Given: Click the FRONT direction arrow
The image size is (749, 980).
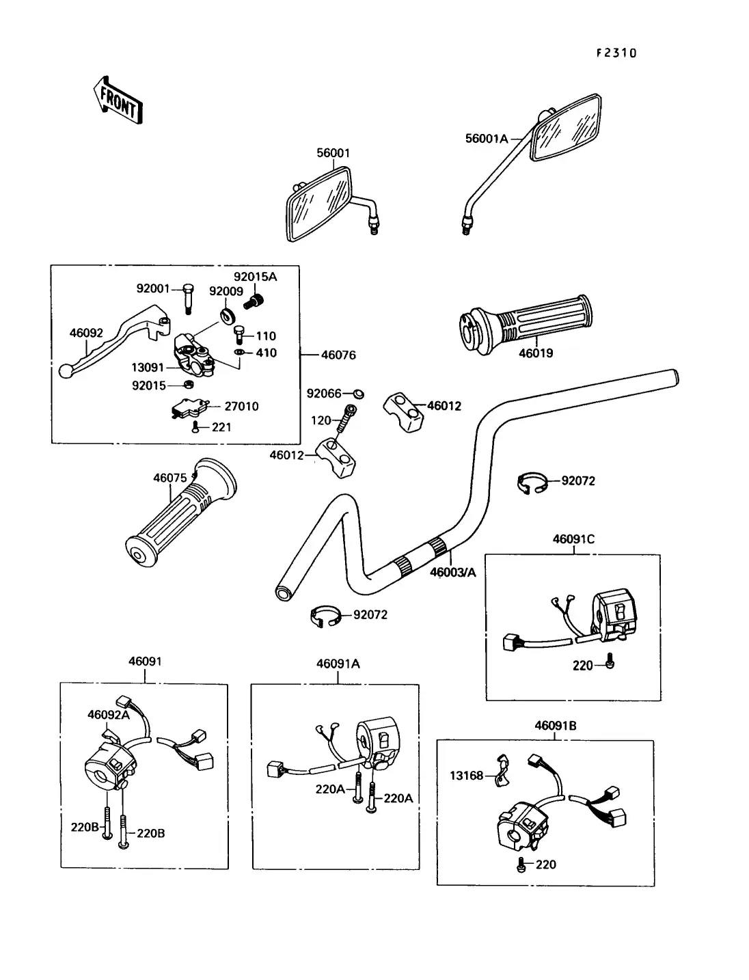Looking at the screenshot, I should [118, 100].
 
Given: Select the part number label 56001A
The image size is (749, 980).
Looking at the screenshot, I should [487, 139].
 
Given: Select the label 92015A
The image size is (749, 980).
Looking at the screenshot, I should [255, 277].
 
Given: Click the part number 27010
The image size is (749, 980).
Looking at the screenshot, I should [241, 407].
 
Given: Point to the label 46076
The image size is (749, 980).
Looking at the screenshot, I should [338, 355].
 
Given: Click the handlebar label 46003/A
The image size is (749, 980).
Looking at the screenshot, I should [452, 572].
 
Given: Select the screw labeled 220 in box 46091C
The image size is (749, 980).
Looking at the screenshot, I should [610, 662].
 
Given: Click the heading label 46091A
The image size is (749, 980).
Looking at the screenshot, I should [338, 664].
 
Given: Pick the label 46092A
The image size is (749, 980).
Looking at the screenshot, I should [108, 715].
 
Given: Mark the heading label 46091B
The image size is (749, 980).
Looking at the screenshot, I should [555, 726].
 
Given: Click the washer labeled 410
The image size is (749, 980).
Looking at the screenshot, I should [240, 353].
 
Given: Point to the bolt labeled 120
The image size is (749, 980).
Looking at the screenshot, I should [348, 418].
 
